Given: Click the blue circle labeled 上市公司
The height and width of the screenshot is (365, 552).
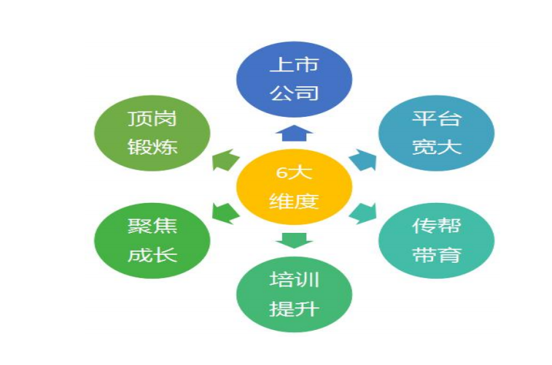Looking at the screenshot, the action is [x=294, y=80].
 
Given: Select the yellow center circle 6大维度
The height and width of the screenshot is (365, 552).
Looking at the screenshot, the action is [x=294, y=187].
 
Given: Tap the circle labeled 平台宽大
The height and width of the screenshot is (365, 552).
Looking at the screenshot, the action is [x=436, y=133].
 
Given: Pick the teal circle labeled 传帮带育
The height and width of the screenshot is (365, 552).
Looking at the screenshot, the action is [x=436, y=241].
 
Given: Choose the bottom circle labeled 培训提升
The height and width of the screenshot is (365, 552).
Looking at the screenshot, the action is [x=294, y=294].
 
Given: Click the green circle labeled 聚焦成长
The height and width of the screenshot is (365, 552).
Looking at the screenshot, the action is [x=152, y=241].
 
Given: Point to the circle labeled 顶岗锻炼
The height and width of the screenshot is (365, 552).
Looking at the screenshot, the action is [x=152, y=133].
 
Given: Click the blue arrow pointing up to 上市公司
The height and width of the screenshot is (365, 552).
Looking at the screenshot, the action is [x=294, y=133].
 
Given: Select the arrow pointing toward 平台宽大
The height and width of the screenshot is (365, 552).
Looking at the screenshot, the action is [x=363, y=160].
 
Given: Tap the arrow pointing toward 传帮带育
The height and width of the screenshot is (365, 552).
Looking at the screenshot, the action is [x=363, y=213].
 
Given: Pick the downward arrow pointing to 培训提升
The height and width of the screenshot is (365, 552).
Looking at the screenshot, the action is [x=294, y=241].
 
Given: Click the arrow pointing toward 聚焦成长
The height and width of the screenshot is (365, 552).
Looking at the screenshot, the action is [x=225, y=213].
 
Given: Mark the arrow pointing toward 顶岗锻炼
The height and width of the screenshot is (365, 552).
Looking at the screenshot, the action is [x=225, y=160].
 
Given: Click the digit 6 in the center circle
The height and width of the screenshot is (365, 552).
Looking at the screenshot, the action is [x=281, y=172].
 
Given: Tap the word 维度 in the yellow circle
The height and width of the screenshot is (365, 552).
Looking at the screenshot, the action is [x=294, y=201].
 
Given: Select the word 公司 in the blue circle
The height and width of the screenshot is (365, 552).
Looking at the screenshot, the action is [x=294, y=93].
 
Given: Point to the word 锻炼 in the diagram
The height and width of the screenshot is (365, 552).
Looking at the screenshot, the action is [x=152, y=147].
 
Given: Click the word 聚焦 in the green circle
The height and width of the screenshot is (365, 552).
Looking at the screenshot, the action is [x=152, y=226].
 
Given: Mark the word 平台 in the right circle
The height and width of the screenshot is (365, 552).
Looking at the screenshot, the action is [x=436, y=118].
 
